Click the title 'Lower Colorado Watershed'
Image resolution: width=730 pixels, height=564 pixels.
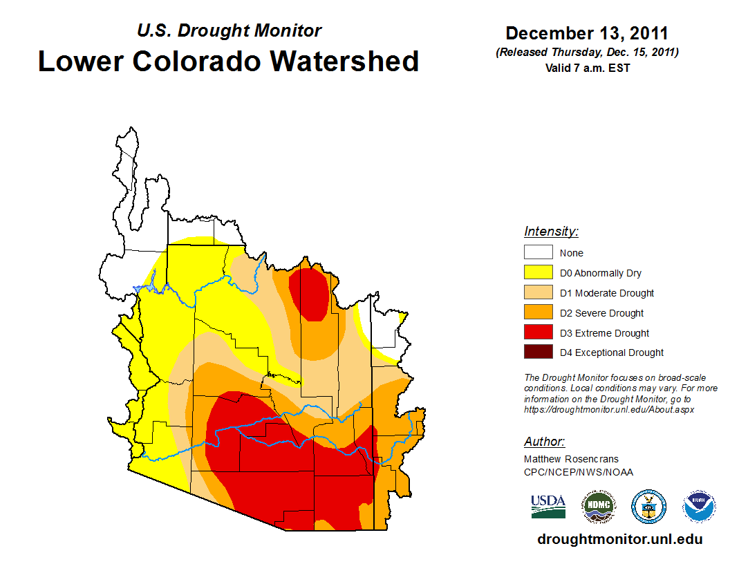tap(228, 62)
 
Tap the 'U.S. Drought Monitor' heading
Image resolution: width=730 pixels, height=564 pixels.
tap(230, 31)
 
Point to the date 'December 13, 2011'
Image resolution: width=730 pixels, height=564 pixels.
tap(587, 33)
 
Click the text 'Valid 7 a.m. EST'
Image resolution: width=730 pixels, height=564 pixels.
tap(587, 68)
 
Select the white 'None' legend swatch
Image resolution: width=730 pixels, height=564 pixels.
tap(538, 253)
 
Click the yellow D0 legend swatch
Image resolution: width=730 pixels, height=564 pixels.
tap(538, 273)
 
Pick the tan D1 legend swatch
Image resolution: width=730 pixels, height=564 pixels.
tap(538, 293)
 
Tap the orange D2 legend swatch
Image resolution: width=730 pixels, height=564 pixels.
tap(538, 313)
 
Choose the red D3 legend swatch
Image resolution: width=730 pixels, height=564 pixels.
tap(538, 333)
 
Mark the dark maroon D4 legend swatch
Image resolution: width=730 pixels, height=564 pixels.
tap(538, 352)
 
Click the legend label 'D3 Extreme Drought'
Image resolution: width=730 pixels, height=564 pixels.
tap(604, 333)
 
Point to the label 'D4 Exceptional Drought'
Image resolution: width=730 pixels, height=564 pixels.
tap(612, 352)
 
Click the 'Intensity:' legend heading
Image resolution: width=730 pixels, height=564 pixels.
tap(551, 232)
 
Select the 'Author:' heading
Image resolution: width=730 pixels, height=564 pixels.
tap(544, 442)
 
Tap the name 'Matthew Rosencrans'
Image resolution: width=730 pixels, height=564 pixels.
tap(571, 459)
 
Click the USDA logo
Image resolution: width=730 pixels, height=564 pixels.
tap(548, 506)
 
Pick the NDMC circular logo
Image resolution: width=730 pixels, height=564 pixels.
tap(598, 507)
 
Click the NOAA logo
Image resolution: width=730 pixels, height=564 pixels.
tap(699, 507)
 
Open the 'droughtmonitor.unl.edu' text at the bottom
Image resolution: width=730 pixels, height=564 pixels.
tap(619, 539)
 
